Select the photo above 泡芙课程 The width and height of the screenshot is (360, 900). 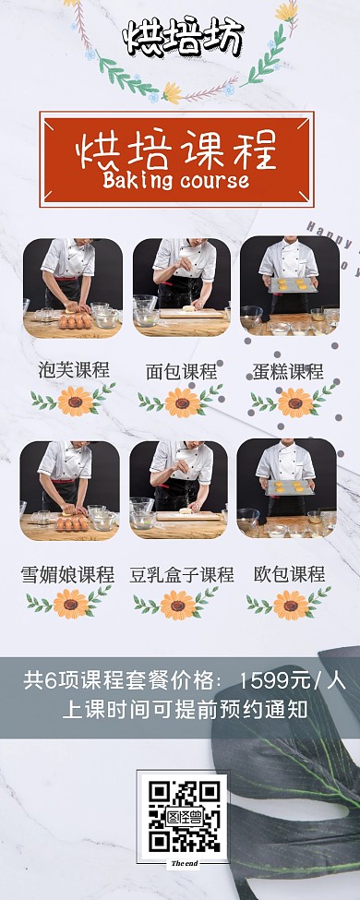[x=73, y=275]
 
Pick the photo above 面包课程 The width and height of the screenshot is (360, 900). [x=181, y=275]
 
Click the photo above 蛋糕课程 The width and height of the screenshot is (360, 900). [x=289, y=275]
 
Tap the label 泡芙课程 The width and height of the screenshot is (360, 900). [x=74, y=370]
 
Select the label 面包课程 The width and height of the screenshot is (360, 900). [x=181, y=371]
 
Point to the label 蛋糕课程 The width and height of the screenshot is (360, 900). [x=288, y=371]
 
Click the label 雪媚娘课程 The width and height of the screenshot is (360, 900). [x=67, y=574]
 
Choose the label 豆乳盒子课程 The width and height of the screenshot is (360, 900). [x=181, y=574]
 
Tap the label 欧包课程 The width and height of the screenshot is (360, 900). [x=289, y=574]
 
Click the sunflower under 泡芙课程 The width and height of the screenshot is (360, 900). [x=74, y=401]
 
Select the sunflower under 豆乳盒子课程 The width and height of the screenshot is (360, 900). [x=177, y=604]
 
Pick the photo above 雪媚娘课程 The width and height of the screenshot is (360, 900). [x=70, y=477]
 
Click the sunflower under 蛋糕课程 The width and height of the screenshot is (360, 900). [x=294, y=402]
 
